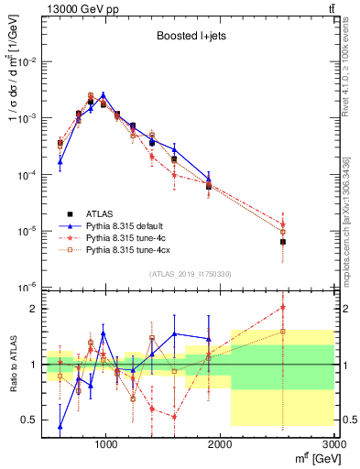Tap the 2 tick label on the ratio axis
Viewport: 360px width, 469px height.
35,309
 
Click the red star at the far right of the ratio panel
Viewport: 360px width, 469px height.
283,307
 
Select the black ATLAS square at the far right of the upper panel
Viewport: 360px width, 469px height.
283,242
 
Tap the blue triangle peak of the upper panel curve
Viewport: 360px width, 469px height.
104,94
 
